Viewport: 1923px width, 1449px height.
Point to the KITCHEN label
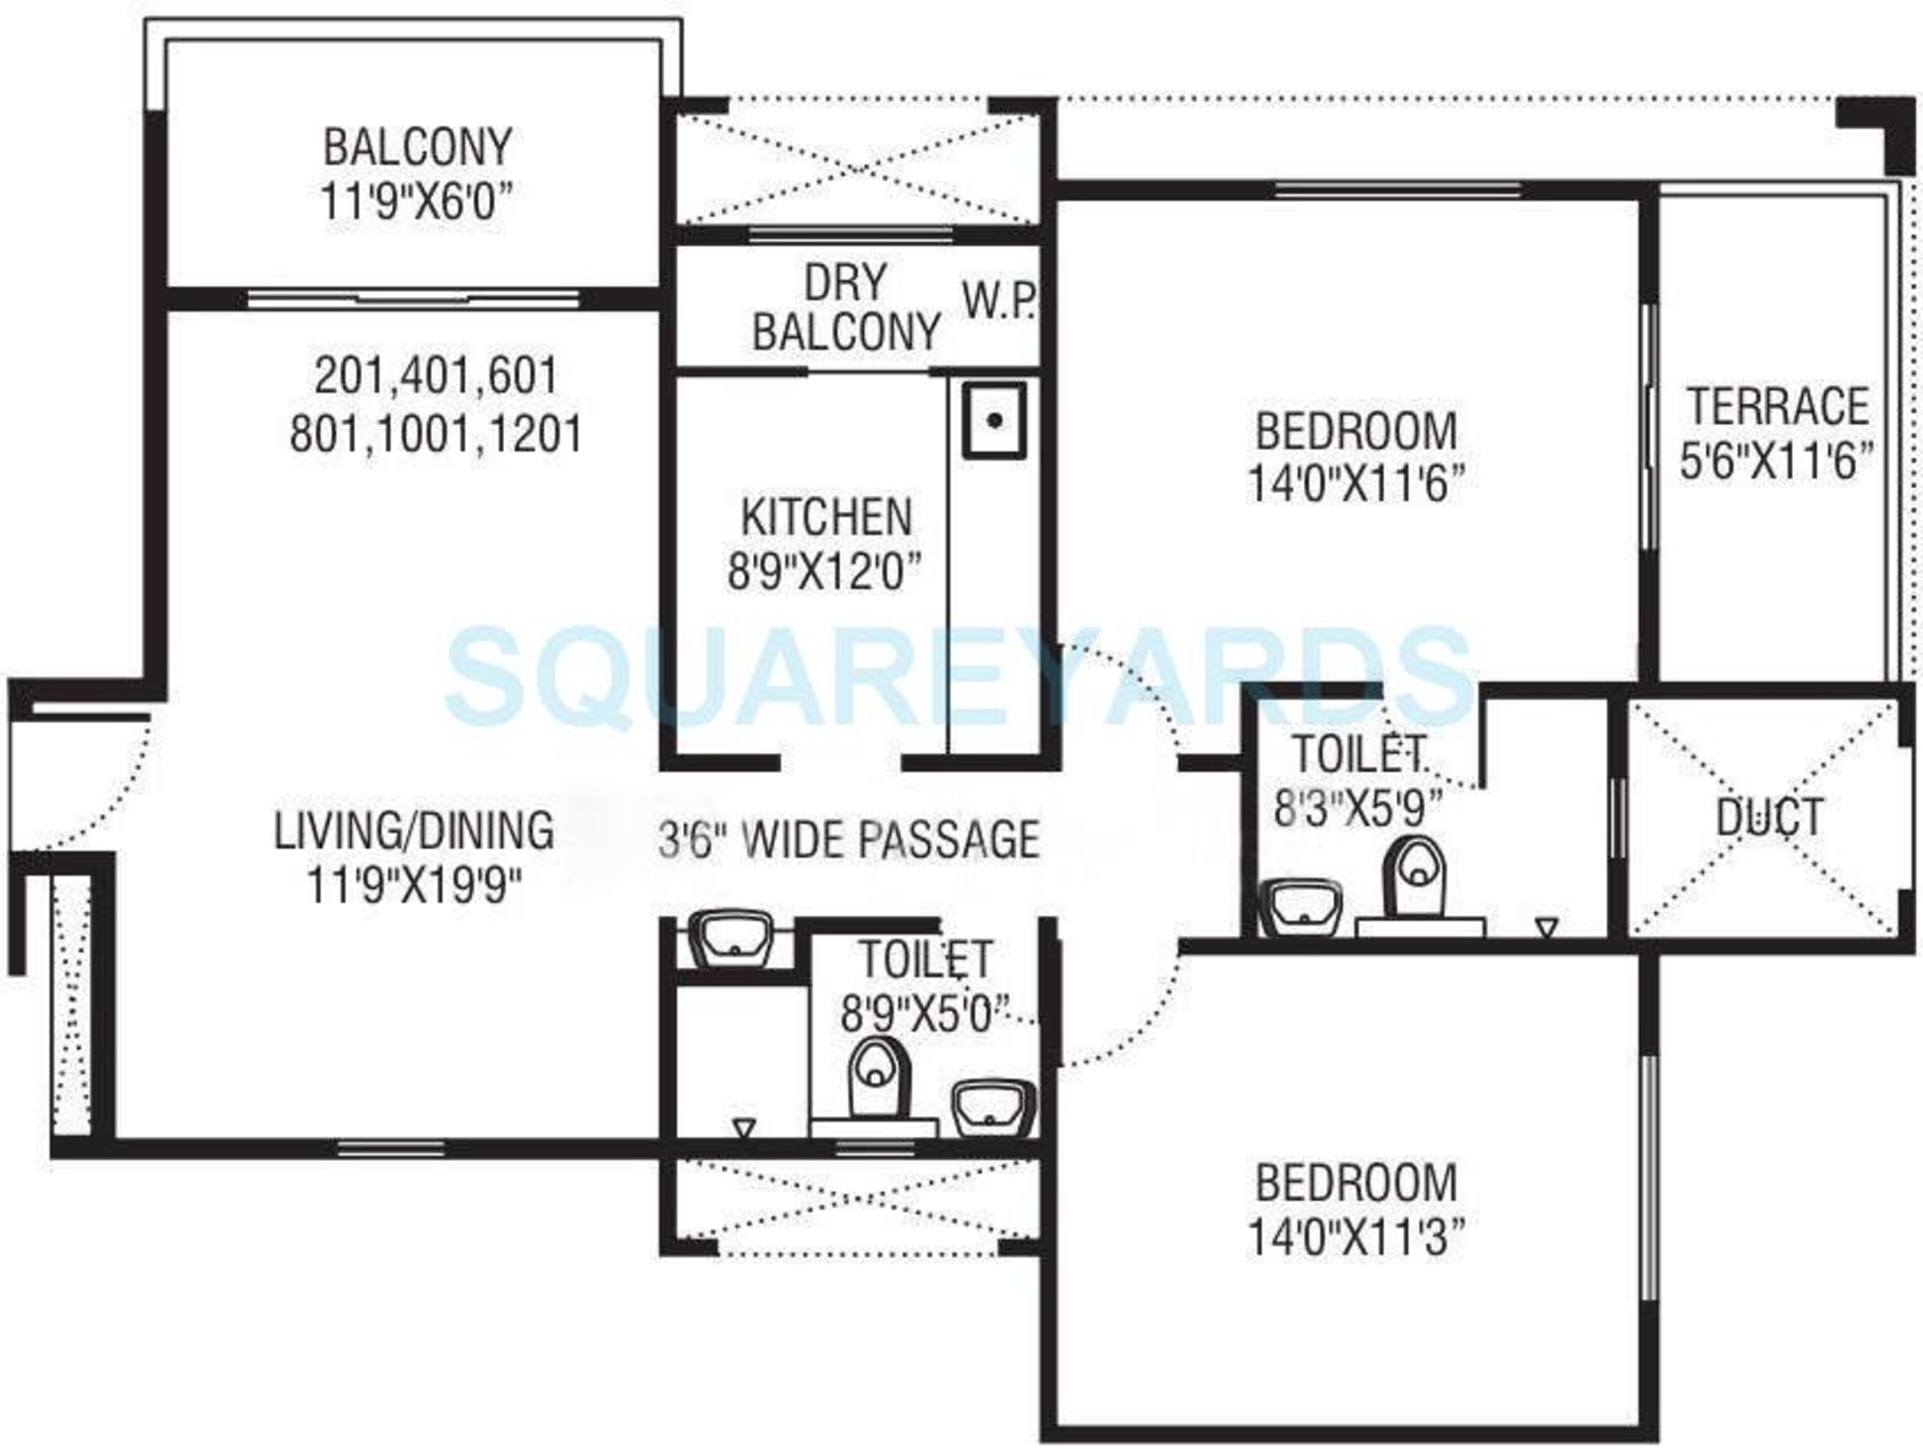click(826, 518)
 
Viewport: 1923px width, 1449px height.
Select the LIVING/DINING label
click(414, 830)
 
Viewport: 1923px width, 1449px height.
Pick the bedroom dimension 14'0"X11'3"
click(1355, 1237)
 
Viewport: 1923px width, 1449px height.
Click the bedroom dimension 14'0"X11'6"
click(1355, 484)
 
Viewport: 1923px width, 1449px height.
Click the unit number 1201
click(537, 433)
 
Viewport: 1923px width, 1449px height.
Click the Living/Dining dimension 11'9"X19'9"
click(414, 886)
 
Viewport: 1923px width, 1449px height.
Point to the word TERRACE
click(1778, 407)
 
